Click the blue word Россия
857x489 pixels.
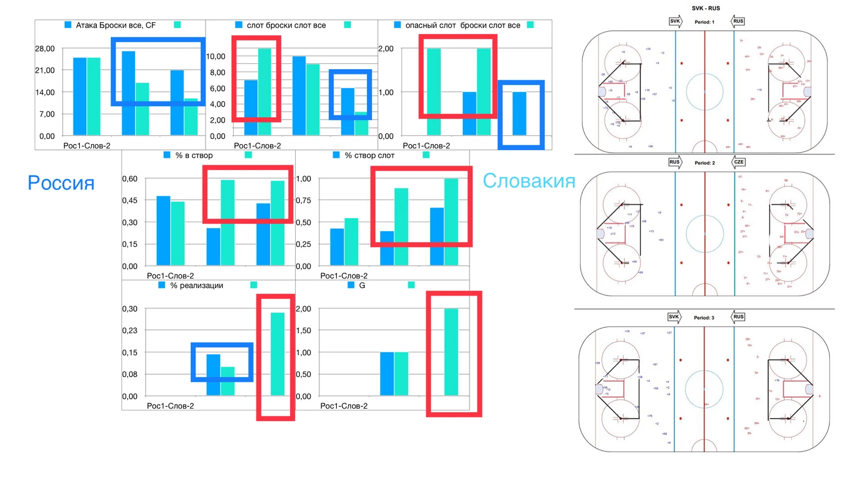click(61, 183)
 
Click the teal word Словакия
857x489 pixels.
click(528, 181)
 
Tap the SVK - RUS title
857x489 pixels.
click(706, 8)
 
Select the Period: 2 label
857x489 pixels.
click(704, 162)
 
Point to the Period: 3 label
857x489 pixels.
click(704, 318)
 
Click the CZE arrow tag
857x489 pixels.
click(738, 162)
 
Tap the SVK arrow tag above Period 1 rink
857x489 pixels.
click(675, 22)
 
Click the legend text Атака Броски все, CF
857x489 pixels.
click(116, 25)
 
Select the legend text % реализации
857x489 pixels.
click(197, 286)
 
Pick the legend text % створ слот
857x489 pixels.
click(369, 155)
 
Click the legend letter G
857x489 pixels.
click(362, 286)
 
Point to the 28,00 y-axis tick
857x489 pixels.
click(45, 49)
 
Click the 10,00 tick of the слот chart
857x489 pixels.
click(216, 56)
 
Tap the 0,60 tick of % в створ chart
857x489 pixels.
click(130, 179)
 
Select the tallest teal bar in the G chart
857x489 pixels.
click(451, 352)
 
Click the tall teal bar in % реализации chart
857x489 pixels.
click(277, 354)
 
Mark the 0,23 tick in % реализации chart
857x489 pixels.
click(130, 331)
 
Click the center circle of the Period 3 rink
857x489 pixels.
click(704, 389)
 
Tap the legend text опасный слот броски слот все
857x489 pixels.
click(463, 25)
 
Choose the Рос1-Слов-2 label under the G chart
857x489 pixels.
click(343, 406)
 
